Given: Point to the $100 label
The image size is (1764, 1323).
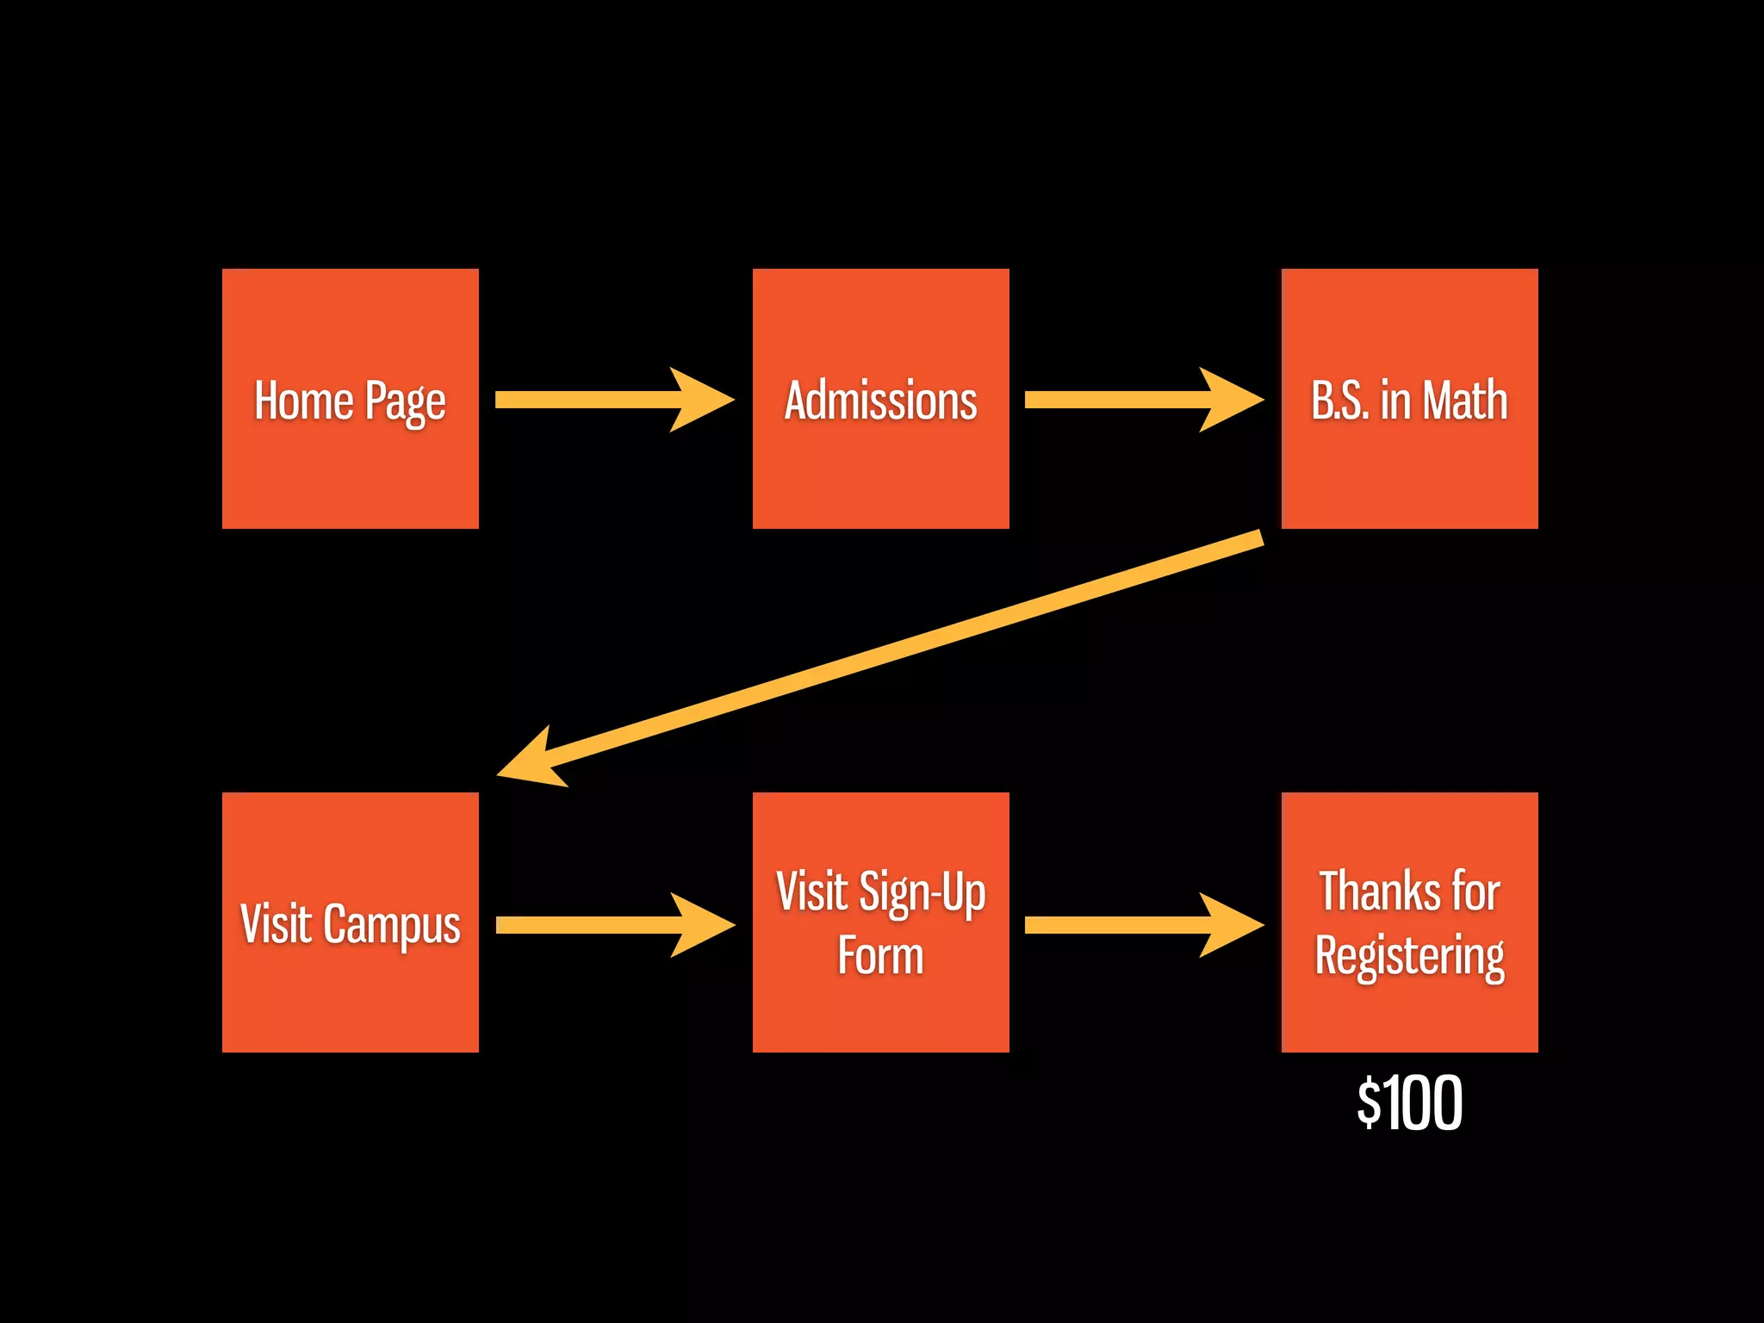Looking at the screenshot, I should tap(1409, 1102).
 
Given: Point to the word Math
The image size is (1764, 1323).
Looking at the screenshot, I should tap(1464, 401).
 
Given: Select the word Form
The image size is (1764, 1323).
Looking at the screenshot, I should tap(880, 956).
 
